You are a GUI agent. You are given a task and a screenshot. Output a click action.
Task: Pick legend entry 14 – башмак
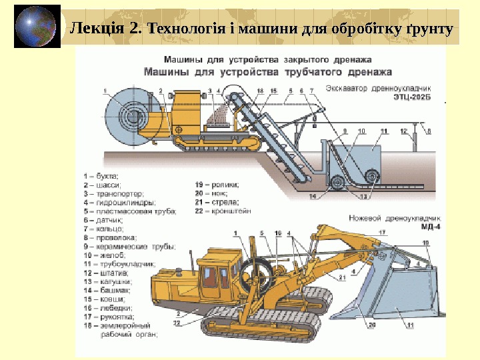click(107, 291)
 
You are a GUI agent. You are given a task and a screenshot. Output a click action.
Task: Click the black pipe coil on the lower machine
click(257, 274)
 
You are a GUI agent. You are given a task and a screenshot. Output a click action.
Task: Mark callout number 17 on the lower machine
click(382, 232)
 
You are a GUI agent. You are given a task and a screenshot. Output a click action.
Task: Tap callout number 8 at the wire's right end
click(429, 131)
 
